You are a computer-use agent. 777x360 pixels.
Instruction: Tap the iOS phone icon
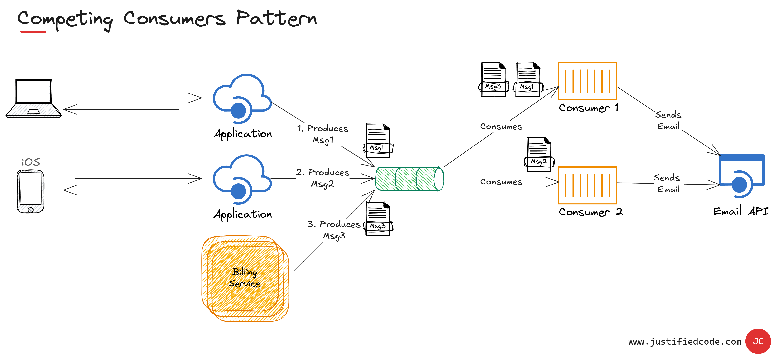pyautogui.click(x=31, y=191)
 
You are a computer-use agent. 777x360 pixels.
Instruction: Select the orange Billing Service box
pyautogui.click(x=245, y=278)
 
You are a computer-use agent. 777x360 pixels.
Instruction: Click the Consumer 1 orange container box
pyautogui.click(x=587, y=81)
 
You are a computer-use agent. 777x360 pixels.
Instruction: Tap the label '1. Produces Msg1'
pyautogui.click(x=323, y=134)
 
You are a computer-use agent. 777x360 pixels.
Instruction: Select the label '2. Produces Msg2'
pyautogui.click(x=323, y=178)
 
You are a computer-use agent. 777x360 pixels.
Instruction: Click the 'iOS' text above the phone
pyautogui.click(x=31, y=162)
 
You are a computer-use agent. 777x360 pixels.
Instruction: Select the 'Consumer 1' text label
pyautogui.click(x=588, y=108)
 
